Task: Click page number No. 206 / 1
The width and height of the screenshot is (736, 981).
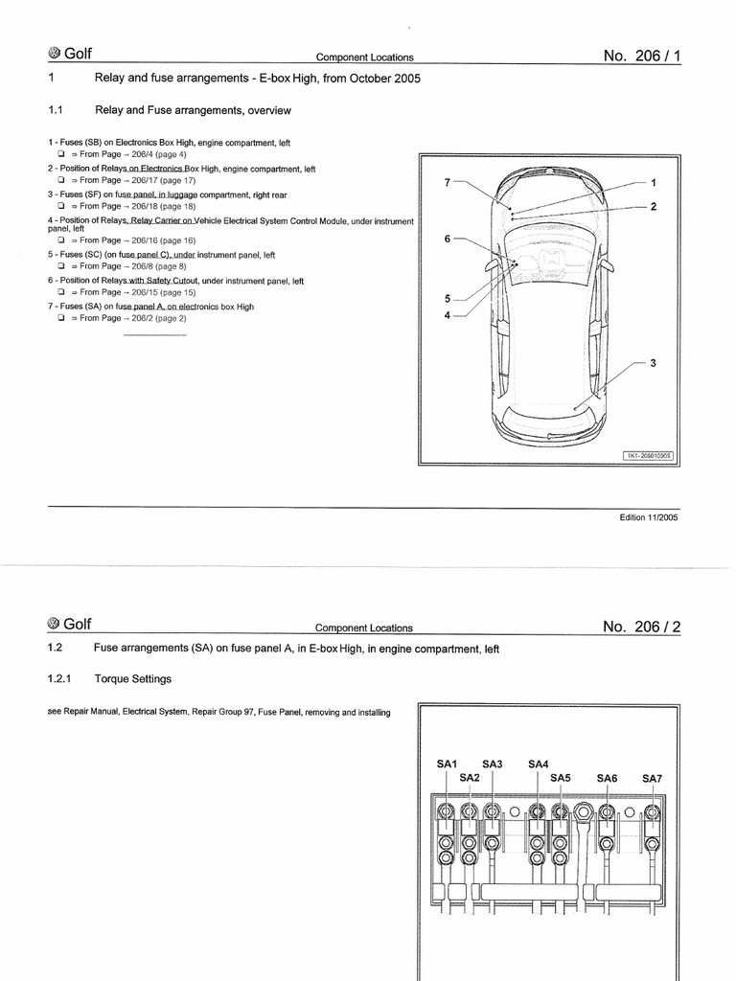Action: coord(642,56)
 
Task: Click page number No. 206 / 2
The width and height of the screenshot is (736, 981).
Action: coord(642,627)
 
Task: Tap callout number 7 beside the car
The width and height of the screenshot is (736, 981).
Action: coord(447,181)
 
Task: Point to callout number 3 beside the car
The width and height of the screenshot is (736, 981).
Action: coord(653,362)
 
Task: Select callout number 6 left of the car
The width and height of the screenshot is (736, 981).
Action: coord(447,239)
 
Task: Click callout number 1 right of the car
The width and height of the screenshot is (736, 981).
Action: coord(653,181)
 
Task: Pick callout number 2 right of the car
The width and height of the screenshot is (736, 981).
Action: coord(653,207)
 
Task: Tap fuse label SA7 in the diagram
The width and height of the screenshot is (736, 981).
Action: coord(652,779)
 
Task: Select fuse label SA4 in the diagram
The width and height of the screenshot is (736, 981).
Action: coord(539,764)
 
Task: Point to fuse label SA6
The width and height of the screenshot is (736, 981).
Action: coord(607,779)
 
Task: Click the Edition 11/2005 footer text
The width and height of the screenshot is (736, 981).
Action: coord(649,517)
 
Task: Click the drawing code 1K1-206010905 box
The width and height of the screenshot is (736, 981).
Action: coord(650,456)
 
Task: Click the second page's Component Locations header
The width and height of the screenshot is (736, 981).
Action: coord(364,628)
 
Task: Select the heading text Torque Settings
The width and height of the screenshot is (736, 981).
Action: coord(133,678)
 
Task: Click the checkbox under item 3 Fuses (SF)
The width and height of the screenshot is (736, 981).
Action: coord(59,206)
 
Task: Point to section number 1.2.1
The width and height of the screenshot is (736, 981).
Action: coord(59,678)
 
